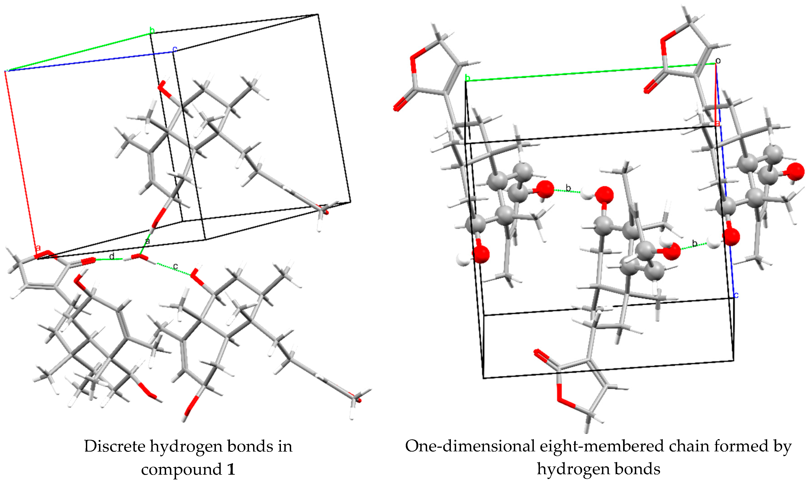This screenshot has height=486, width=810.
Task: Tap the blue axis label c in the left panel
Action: (x=175, y=49)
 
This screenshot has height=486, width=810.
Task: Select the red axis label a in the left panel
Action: (x=38, y=248)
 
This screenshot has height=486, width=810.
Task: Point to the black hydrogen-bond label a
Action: (x=147, y=241)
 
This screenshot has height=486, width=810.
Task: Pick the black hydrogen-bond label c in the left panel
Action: (x=176, y=266)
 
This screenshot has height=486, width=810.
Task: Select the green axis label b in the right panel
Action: (x=468, y=78)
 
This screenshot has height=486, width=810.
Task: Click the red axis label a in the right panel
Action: (x=718, y=123)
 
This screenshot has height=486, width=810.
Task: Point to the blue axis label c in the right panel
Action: (x=736, y=295)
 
